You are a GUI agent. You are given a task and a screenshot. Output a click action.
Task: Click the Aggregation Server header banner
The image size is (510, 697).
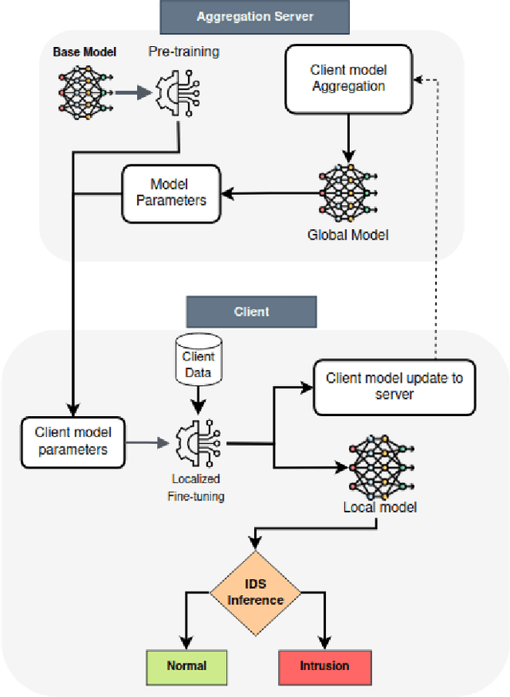[x=254, y=16]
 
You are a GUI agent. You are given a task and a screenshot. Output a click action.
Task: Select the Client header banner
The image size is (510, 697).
[x=251, y=312]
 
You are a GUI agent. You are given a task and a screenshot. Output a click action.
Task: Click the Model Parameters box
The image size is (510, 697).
[x=171, y=193]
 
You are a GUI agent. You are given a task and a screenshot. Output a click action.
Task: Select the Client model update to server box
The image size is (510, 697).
[x=394, y=386]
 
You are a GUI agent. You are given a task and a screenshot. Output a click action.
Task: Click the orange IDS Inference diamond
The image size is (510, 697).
[x=256, y=593]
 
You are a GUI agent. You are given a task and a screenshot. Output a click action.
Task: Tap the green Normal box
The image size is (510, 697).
[x=187, y=665]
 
